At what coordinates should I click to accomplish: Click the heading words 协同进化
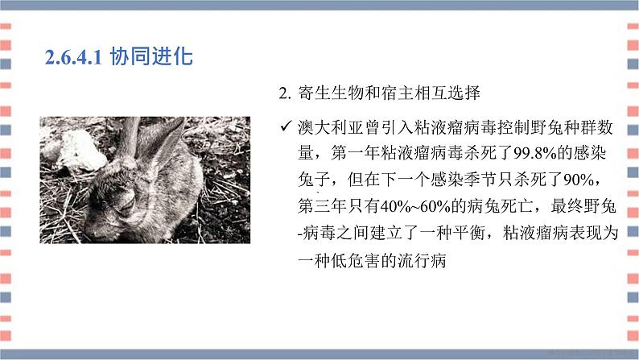[x=142, y=58]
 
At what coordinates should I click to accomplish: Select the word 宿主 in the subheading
[x=395, y=94]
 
